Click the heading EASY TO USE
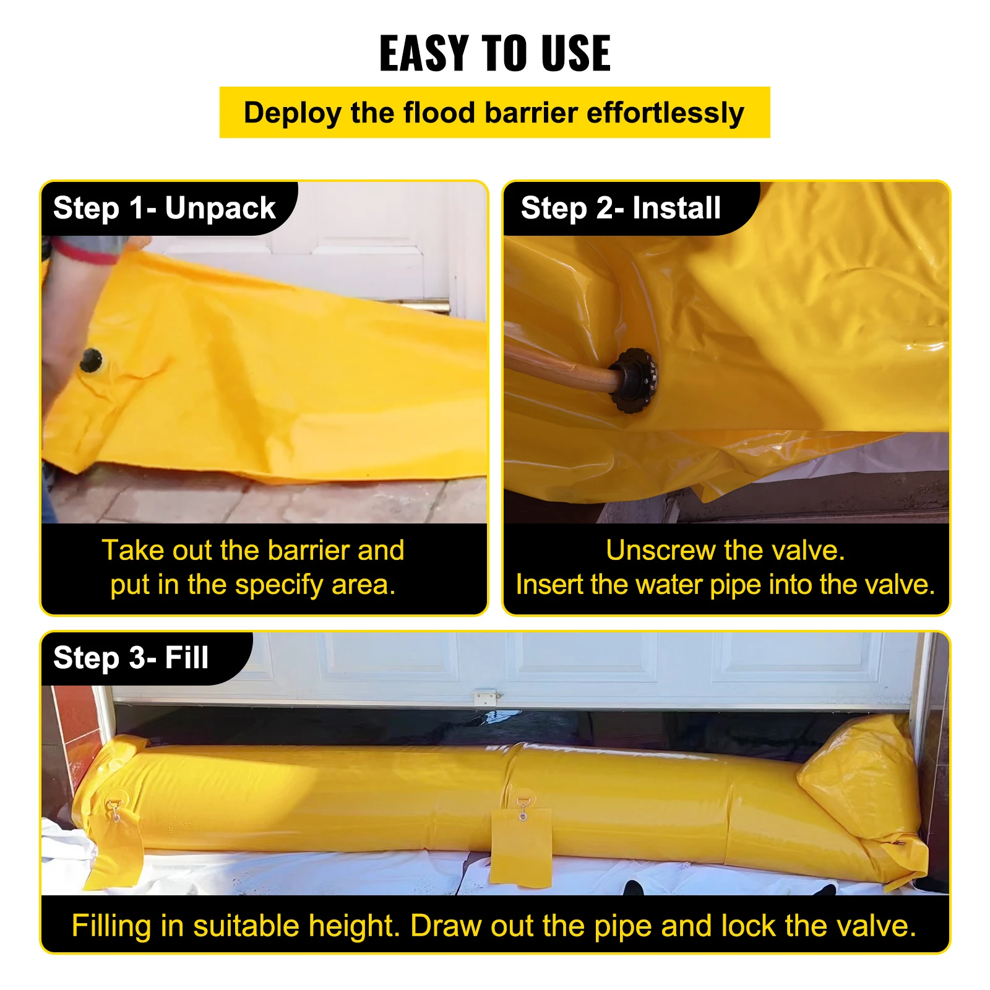click(x=495, y=53)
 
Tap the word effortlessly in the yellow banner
click(x=665, y=113)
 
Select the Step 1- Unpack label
click(x=164, y=208)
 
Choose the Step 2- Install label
click(x=621, y=208)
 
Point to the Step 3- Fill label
click(x=131, y=658)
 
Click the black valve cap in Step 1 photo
click(x=91, y=359)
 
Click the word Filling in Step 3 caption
click(x=111, y=926)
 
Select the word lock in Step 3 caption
click(x=748, y=926)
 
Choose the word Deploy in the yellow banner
click(x=292, y=113)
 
